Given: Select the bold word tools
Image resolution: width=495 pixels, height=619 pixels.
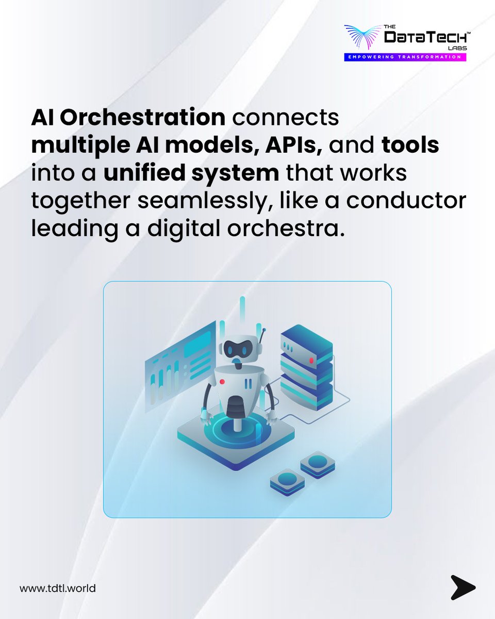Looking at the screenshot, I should [410, 146].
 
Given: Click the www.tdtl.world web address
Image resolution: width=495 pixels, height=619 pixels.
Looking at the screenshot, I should [58, 588].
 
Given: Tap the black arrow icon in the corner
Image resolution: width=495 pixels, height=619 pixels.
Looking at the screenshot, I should [463, 587].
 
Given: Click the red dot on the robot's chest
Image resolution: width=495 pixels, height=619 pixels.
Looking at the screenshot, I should [222, 381].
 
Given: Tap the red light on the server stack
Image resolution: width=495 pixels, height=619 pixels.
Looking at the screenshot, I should [311, 360].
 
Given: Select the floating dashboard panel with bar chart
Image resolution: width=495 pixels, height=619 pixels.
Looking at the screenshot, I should [179, 365].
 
